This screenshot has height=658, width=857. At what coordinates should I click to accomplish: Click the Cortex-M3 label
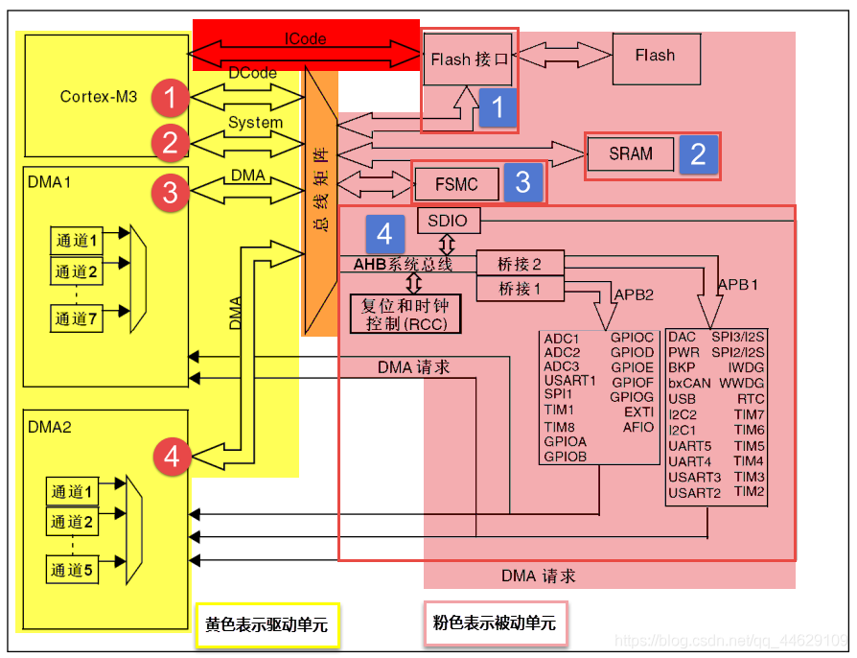99,96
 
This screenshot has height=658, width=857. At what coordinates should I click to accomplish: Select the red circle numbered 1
170,97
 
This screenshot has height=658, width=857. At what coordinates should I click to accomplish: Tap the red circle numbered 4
171,457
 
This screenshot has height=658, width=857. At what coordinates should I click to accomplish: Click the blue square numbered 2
698,154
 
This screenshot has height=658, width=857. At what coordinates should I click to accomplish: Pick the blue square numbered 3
522,182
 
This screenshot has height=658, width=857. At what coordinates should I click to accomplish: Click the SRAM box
631,153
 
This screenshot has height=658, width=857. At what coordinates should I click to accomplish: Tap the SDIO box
448,221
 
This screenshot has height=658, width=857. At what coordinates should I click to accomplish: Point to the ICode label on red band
305,39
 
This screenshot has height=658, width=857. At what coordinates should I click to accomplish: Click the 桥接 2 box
520,264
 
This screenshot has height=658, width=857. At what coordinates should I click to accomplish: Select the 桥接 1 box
520,288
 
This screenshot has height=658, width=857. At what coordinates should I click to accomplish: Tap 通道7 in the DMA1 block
76,319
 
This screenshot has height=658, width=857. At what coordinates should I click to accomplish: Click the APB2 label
634,294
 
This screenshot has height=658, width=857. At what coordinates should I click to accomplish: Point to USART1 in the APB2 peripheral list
569,381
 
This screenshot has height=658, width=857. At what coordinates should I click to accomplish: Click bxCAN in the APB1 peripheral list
689,383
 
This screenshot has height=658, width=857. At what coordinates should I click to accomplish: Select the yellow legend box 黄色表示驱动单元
266,625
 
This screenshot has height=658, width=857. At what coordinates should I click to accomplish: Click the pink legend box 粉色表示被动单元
494,623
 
